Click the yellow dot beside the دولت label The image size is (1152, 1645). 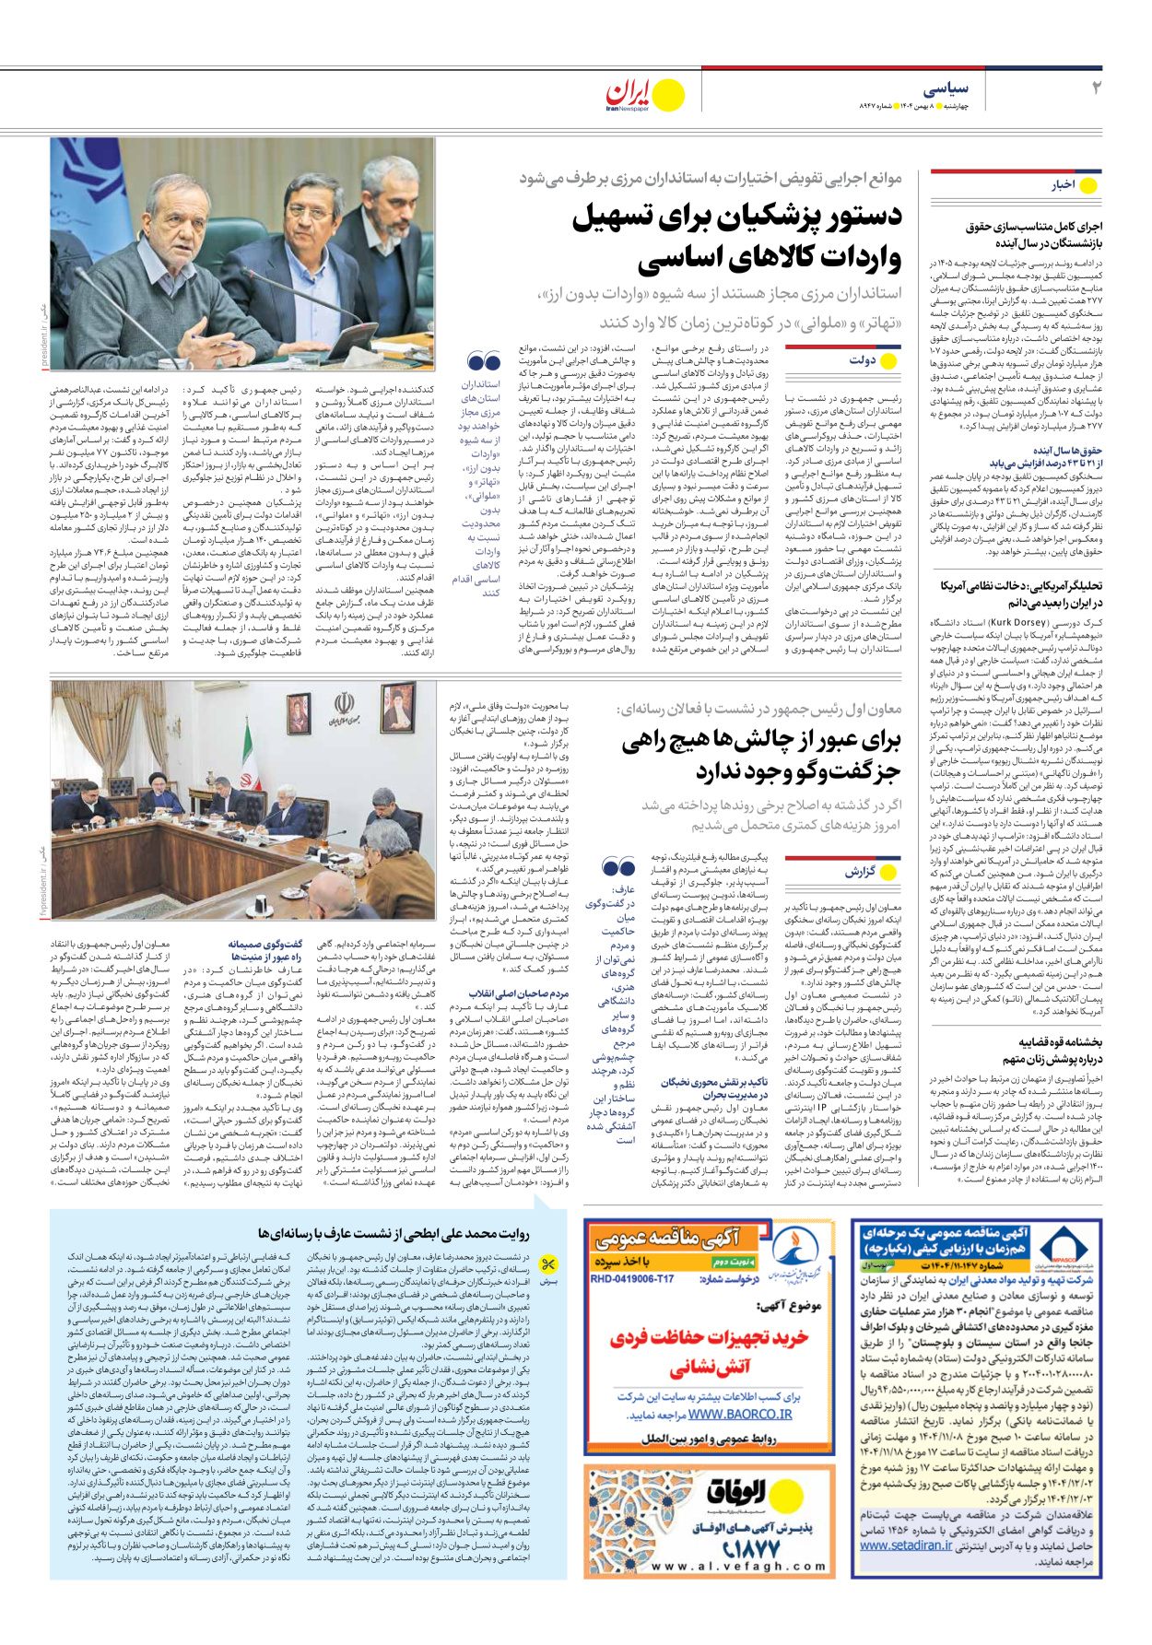point(889,360)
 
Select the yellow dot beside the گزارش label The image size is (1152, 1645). point(888,871)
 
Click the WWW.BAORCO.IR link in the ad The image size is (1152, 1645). point(740,1414)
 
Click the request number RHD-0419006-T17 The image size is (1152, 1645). point(632,1279)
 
